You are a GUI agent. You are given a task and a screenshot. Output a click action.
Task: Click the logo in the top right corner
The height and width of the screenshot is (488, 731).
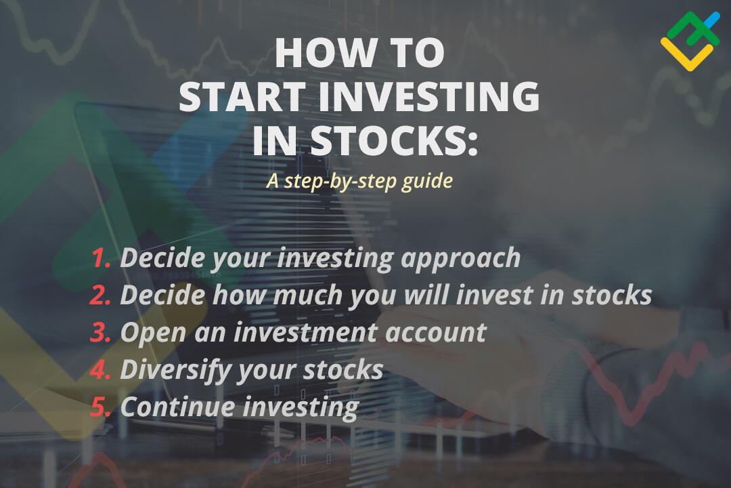pos(690,41)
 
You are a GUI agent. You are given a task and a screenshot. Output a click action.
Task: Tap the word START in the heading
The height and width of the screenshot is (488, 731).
pos(242,96)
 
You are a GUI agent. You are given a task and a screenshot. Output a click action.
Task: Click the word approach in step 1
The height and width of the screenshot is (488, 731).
pos(461,259)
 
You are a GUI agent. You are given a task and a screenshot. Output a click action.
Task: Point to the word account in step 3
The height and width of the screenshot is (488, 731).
pos(436,333)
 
